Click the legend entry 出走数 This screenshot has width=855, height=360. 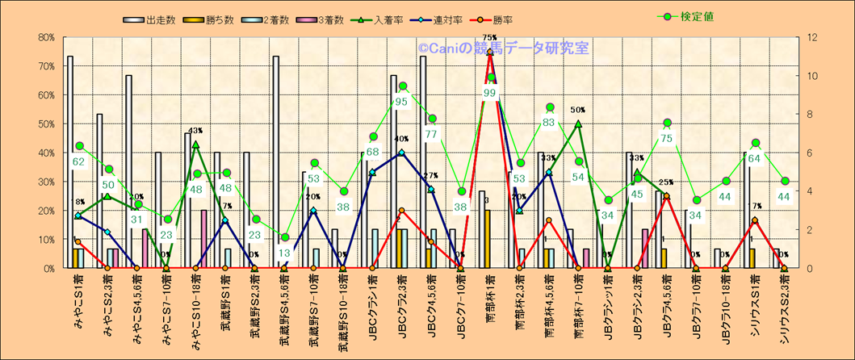153,19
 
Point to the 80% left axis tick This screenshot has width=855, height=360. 45,37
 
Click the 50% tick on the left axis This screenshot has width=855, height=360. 45,123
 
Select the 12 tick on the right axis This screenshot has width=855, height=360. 807,37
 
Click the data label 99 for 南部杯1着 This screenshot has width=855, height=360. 490,93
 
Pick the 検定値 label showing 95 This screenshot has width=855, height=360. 401,102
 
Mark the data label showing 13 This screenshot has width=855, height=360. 284,253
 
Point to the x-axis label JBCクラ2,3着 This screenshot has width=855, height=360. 402,308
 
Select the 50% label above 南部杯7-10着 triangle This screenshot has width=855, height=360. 578,110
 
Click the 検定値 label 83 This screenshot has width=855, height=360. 550,123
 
